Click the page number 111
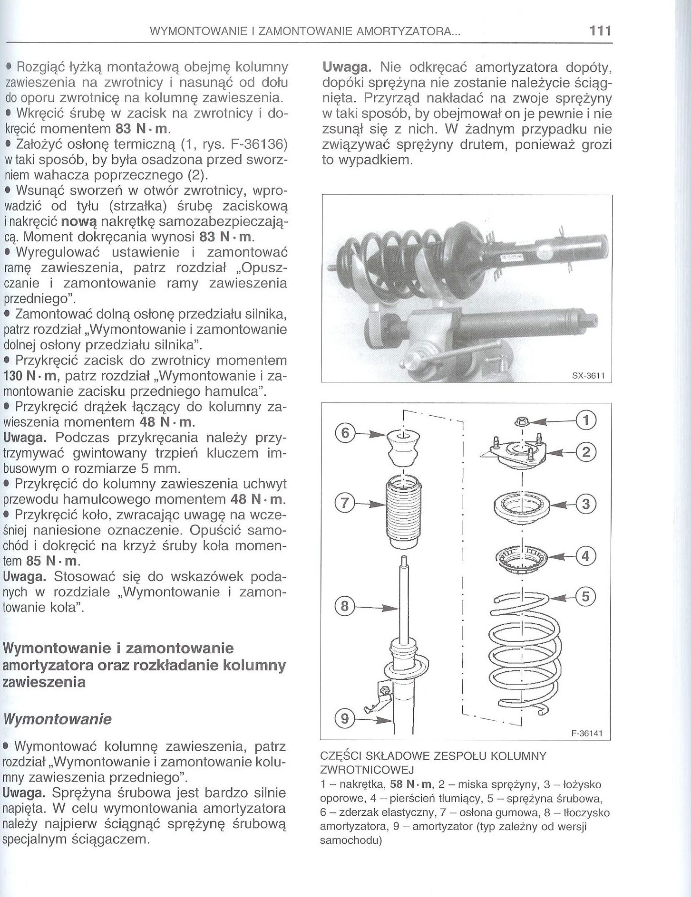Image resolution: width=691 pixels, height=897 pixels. click(x=600, y=31)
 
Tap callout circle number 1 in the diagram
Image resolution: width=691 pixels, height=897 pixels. click(x=585, y=420)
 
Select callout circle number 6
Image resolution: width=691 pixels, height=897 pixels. click(x=346, y=433)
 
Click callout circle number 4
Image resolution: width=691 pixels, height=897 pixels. click(x=585, y=555)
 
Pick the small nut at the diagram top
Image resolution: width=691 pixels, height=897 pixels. click(x=522, y=421)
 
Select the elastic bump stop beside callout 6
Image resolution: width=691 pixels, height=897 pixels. click(x=402, y=448)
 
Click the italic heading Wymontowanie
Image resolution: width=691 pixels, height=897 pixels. click(x=57, y=719)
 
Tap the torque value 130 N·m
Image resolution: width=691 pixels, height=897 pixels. click(x=31, y=376)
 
